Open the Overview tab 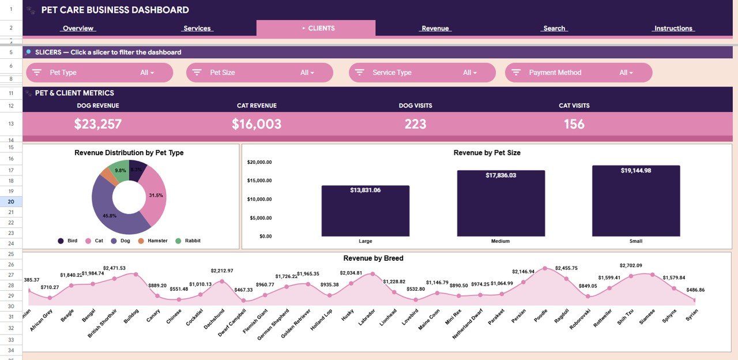[x=78, y=28]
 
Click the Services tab [x=197, y=28]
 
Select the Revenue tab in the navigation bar [x=435, y=28]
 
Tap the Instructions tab [x=673, y=28]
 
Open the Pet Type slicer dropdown [x=99, y=73]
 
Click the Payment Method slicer [x=578, y=73]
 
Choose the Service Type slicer [x=422, y=73]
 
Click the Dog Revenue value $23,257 [x=98, y=124]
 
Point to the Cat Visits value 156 [x=574, y=124]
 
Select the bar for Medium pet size [x=500, y=205]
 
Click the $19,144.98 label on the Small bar [x=636, y=171]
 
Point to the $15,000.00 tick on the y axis [x=259, y=181]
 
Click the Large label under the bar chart [x=365, y=241]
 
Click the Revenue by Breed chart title [x=373, y=258]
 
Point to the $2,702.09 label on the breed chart [x=631, y=265]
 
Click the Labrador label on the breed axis [x=367, y=317]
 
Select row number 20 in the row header [x=11, y=202]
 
